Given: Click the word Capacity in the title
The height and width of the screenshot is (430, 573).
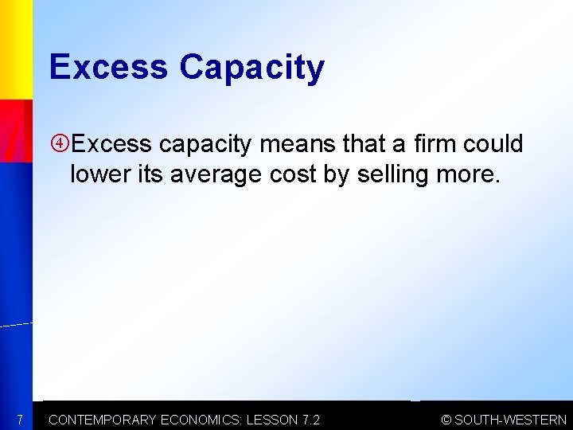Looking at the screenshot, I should point(251,68).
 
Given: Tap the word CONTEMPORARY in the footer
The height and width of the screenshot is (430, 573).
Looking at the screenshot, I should point(103,420).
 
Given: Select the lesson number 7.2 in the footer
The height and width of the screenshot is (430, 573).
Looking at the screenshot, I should point(311,420).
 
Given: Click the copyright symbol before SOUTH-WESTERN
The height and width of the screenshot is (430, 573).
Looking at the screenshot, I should point(446,420).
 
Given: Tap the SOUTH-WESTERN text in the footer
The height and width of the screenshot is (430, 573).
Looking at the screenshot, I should point(510,420).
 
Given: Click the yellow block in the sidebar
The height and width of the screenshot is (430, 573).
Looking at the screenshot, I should point(15,48).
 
